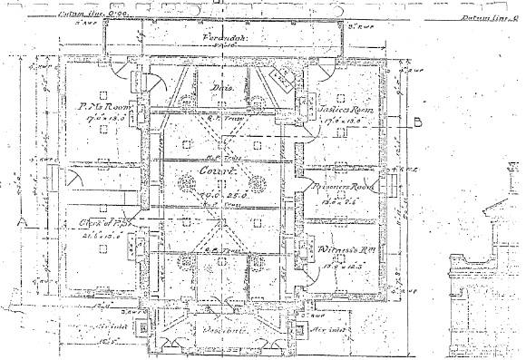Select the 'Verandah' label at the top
coord(220,40)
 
